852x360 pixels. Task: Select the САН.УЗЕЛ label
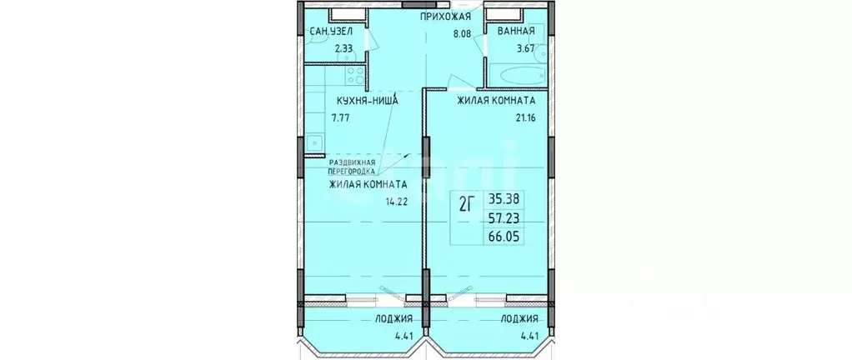click(330, 32)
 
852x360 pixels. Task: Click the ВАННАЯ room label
click(517, 32)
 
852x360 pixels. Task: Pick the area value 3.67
click(525, 49)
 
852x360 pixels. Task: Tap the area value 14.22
click(395, 202)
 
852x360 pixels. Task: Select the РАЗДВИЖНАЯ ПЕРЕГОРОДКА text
click(358, 167)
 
